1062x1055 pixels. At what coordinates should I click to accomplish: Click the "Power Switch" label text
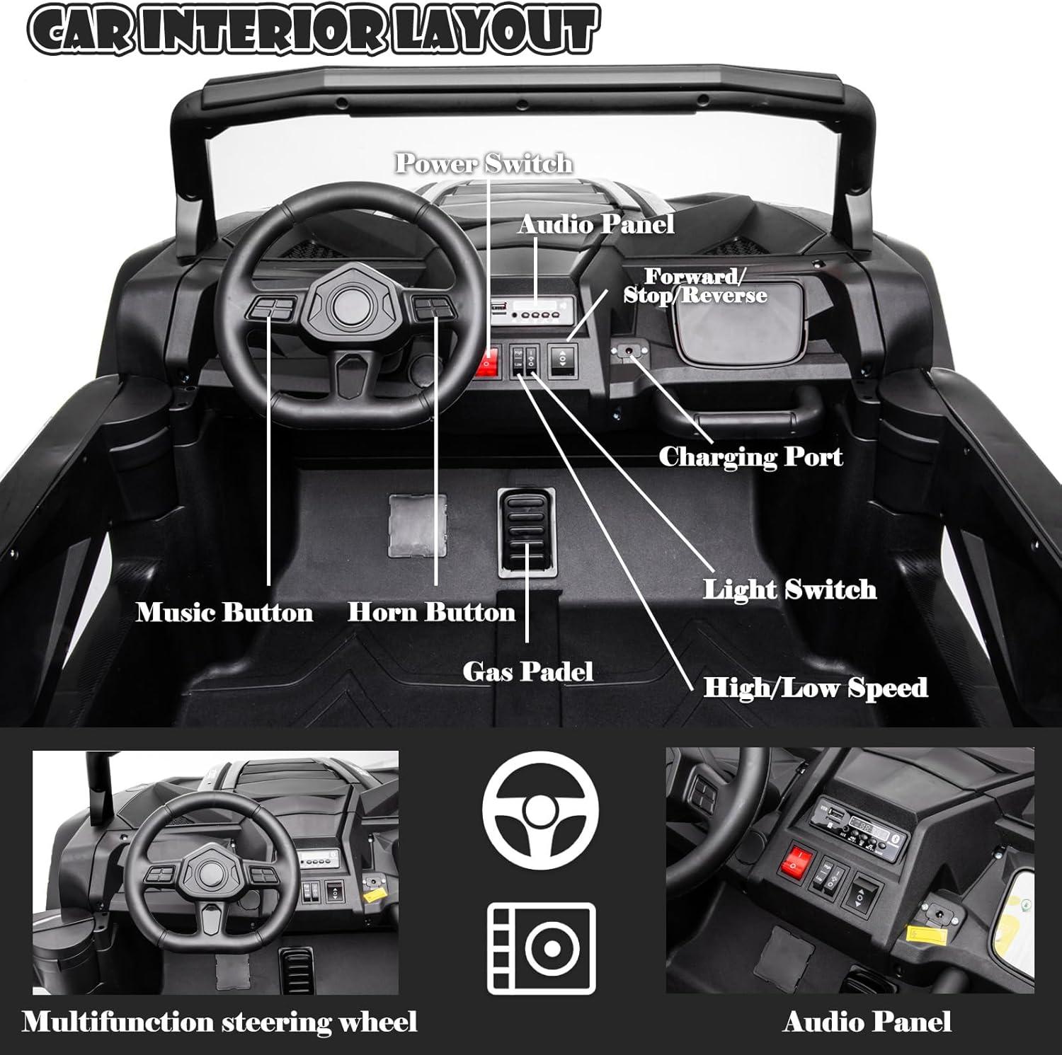click(x=484, y=163)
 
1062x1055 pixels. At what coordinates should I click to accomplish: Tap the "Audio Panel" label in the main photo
click(x=595, y=224)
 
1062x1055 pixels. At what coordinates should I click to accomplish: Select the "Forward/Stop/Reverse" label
click(x=695, y=286)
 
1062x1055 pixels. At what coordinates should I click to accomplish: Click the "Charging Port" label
click(x=750, y=456)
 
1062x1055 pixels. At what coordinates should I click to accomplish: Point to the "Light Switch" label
click(x=789, y=589)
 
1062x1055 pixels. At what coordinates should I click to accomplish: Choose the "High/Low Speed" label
click(x=815, y=687)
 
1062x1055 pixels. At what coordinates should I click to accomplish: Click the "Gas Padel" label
click(x=527, y=671)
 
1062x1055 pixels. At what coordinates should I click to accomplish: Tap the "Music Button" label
click(x=224, y=612)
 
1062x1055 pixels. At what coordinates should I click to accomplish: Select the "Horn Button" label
click(x=431, y=612)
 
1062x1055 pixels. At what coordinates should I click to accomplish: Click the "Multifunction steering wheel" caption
click(x=219, y=1022)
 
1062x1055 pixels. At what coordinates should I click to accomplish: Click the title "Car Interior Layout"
click(x=312, y=30)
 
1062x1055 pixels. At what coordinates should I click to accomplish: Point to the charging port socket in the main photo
click(x=629, y=351)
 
